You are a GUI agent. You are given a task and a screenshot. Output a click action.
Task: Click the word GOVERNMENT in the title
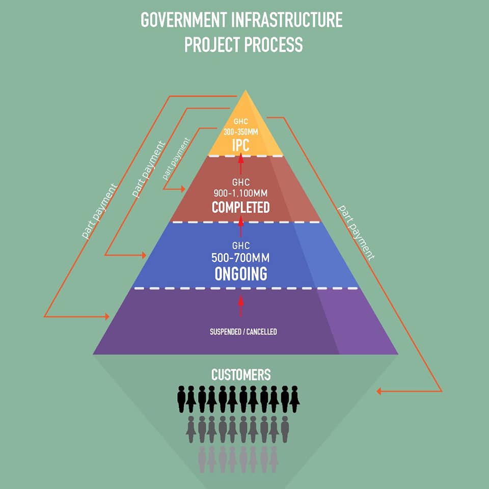(x=183, y=20)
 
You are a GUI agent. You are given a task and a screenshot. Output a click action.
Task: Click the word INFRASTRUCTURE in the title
(x=287, y=20)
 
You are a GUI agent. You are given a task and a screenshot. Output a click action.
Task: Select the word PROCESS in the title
(x=273, y=44)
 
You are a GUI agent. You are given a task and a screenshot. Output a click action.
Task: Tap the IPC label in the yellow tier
(x=241, y=145)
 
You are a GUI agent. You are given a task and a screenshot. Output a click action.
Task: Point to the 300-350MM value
(x=241, y=132)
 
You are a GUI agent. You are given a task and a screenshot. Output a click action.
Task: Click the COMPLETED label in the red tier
(x=241, y=207)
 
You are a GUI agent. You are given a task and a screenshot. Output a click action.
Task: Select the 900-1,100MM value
(x=241, y=194)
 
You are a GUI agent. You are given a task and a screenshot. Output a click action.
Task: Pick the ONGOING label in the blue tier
(x=241, y=274)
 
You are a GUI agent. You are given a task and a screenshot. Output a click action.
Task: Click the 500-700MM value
(x=241, y=258)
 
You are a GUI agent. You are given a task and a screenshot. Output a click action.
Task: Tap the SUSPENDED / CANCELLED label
(x=243, y=332)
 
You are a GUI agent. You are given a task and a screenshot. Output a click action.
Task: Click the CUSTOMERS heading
(x=241, y=374)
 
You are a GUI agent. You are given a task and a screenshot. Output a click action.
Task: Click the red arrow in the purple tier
(x=240, y=306)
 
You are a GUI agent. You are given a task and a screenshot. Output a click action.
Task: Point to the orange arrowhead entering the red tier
(x=182, y=189)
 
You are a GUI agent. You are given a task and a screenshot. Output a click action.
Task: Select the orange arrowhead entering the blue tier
(x=143, y=255)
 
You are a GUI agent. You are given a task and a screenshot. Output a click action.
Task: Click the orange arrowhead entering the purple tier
(x=106, y=316)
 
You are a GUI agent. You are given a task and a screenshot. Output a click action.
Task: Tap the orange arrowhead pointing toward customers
(x=379, y=391)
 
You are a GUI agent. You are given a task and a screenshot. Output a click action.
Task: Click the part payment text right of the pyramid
(x=356, y=233)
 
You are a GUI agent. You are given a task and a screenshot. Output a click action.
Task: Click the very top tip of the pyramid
(x=246, y=90)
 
